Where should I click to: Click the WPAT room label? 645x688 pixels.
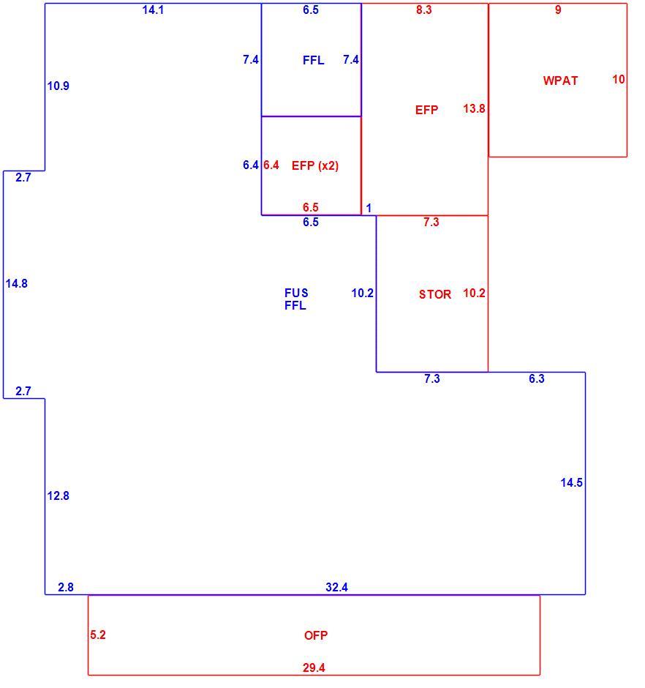point(560,81)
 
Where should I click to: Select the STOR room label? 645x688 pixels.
point(435,294)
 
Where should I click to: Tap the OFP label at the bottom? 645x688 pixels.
point(316,635)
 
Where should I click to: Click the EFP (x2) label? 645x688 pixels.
point(315,165)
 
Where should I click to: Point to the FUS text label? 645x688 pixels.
point(296,293)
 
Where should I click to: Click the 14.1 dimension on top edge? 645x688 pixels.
point(153,10)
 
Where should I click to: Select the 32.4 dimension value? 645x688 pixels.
point(336,587)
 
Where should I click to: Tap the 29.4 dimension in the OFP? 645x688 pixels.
point(314,668)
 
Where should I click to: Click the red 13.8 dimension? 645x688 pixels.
point(474,108)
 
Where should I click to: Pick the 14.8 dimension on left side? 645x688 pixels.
point(17,283)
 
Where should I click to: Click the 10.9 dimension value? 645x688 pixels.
point(59,86)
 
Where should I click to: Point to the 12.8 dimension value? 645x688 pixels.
point(59,496)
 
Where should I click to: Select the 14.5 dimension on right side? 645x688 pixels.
point(571,482)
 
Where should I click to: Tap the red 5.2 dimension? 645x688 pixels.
point(98,635)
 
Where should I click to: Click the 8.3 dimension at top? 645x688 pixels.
point(424,10)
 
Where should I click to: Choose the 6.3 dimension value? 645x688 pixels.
point(537,378)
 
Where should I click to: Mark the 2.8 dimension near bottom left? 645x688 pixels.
point(66,587)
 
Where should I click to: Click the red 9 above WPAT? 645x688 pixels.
point(558,10)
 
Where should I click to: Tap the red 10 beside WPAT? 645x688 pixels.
point(619,80)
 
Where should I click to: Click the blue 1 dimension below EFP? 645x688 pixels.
point(369,208)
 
